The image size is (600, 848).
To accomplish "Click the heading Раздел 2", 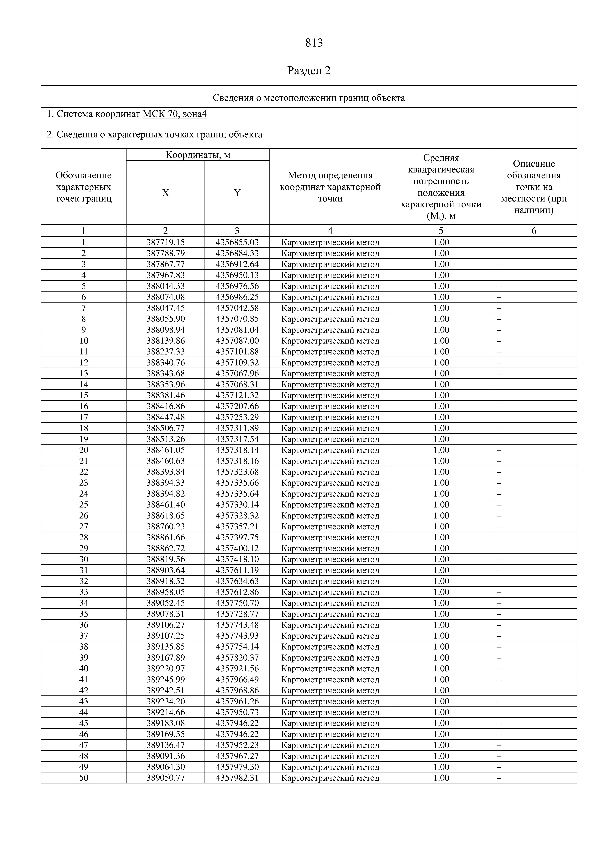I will point(309,71).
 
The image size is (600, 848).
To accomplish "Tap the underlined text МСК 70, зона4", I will point(175,114).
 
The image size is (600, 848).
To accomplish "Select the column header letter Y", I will point(237,193).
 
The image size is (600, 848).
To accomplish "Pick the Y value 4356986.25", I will point(237,297).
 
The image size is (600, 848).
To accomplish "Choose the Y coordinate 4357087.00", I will point(237,340).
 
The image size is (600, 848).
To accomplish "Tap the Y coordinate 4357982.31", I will point(237,778).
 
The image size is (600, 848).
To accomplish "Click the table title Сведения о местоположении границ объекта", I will point(309,98).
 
